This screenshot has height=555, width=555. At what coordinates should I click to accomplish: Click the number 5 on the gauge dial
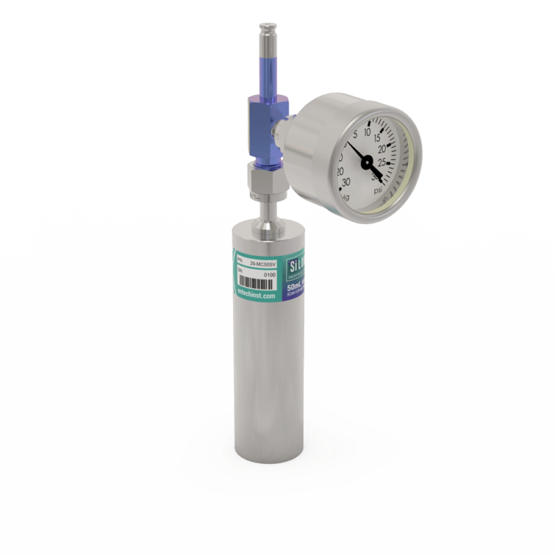point(355,135)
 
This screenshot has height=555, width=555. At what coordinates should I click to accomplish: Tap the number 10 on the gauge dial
point(368,128)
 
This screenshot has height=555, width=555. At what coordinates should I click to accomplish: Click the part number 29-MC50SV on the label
point(263,264)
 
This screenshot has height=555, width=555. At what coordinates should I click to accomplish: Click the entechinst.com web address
point(257,295)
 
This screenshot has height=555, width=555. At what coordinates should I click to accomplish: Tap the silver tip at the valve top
point(266,32)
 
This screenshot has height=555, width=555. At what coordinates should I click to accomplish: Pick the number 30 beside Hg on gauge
point(345,182)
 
